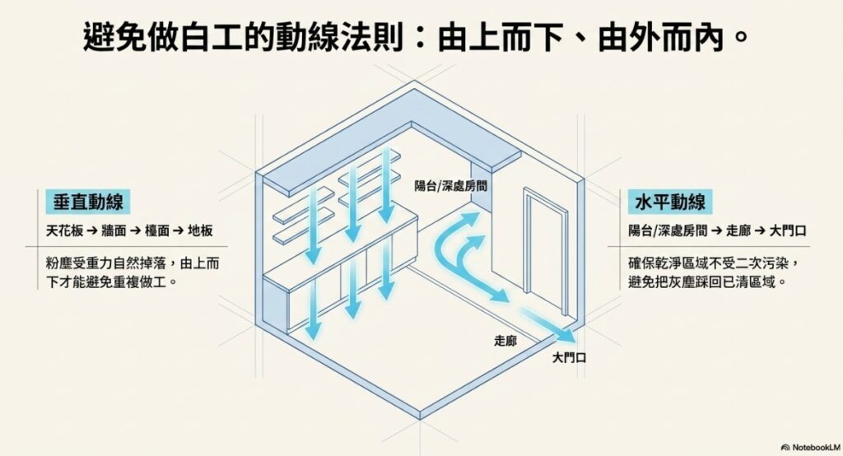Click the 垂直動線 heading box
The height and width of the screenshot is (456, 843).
[x=87, y=202]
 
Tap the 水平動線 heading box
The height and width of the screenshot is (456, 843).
[x=670, y=202]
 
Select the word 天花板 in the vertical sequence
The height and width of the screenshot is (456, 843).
[x=64, y=230]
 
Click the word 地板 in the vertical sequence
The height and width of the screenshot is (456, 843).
[x=200, y=230]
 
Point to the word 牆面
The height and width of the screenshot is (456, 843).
[x=114, y=230]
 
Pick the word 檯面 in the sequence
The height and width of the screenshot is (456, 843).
[x=157, y=230]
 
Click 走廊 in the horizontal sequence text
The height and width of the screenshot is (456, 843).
[x=738, y=230]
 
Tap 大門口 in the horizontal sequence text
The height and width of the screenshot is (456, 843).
[x=788, y=230]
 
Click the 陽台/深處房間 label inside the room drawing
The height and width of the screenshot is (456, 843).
[x=450, y=185]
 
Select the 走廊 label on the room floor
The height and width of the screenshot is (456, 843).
[x=505, y=341]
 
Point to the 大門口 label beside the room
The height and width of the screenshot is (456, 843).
[x=570, y=357]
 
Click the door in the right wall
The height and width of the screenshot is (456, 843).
[x=545, y=250]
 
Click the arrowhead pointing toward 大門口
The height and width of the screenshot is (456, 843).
[x=568, y=336]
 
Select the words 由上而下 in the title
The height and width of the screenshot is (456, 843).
[x=501, y=38]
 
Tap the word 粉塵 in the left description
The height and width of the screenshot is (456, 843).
[x=58, y=263]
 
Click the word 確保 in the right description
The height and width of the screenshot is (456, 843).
[x=641, y=263]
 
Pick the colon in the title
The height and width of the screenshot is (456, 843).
[x=421, y=38]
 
